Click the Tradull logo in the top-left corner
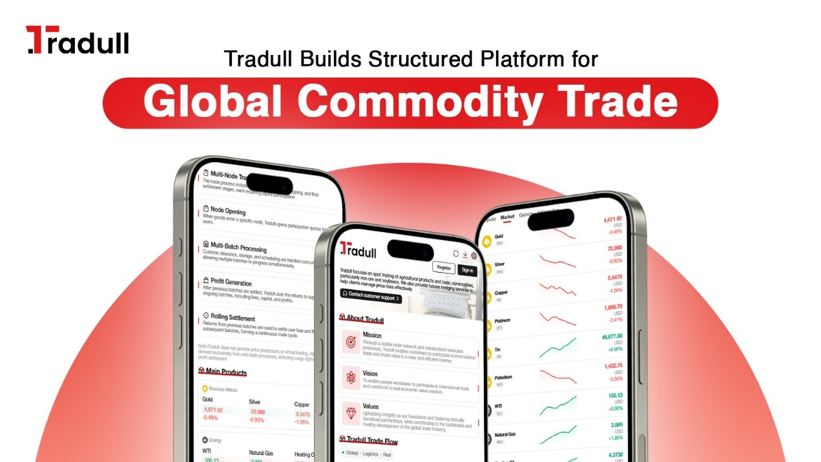[x=78, y=40]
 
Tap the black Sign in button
[x=466, y=270]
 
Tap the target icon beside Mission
[x=351, y=341]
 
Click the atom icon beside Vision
[x=351, y=378]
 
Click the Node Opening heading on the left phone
[x=228, y=211]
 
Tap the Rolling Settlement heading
[x=232, y=317]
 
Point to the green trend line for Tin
[x=559, y=348]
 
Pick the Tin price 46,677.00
[x=611, y=337]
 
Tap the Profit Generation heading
[x=231, y=282]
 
